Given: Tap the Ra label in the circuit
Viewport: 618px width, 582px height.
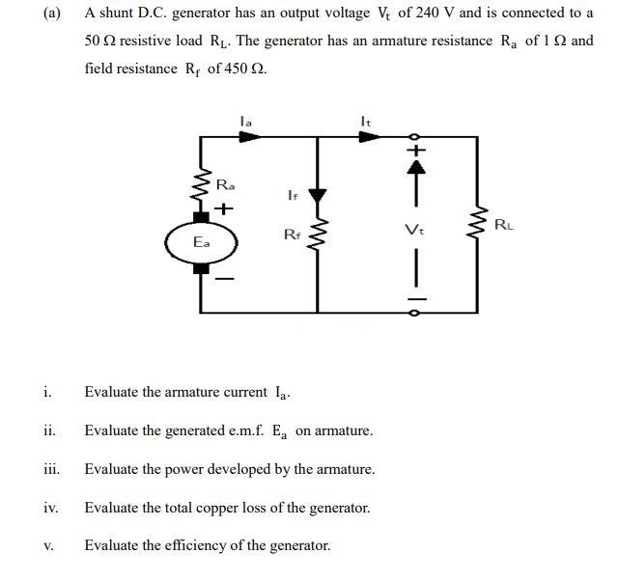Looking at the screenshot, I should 225,183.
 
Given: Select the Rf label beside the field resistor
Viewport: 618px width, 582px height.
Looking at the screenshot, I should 292,234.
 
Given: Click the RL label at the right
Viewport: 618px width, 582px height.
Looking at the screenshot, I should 503,226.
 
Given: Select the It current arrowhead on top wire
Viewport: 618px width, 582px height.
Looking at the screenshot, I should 368,137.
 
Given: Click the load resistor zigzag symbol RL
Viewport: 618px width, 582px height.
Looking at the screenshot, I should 477,228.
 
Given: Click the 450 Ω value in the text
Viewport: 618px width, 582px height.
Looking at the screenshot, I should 237,69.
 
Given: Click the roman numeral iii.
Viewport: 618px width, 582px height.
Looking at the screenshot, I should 51,469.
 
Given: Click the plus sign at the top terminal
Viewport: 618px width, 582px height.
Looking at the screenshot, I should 415,151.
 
